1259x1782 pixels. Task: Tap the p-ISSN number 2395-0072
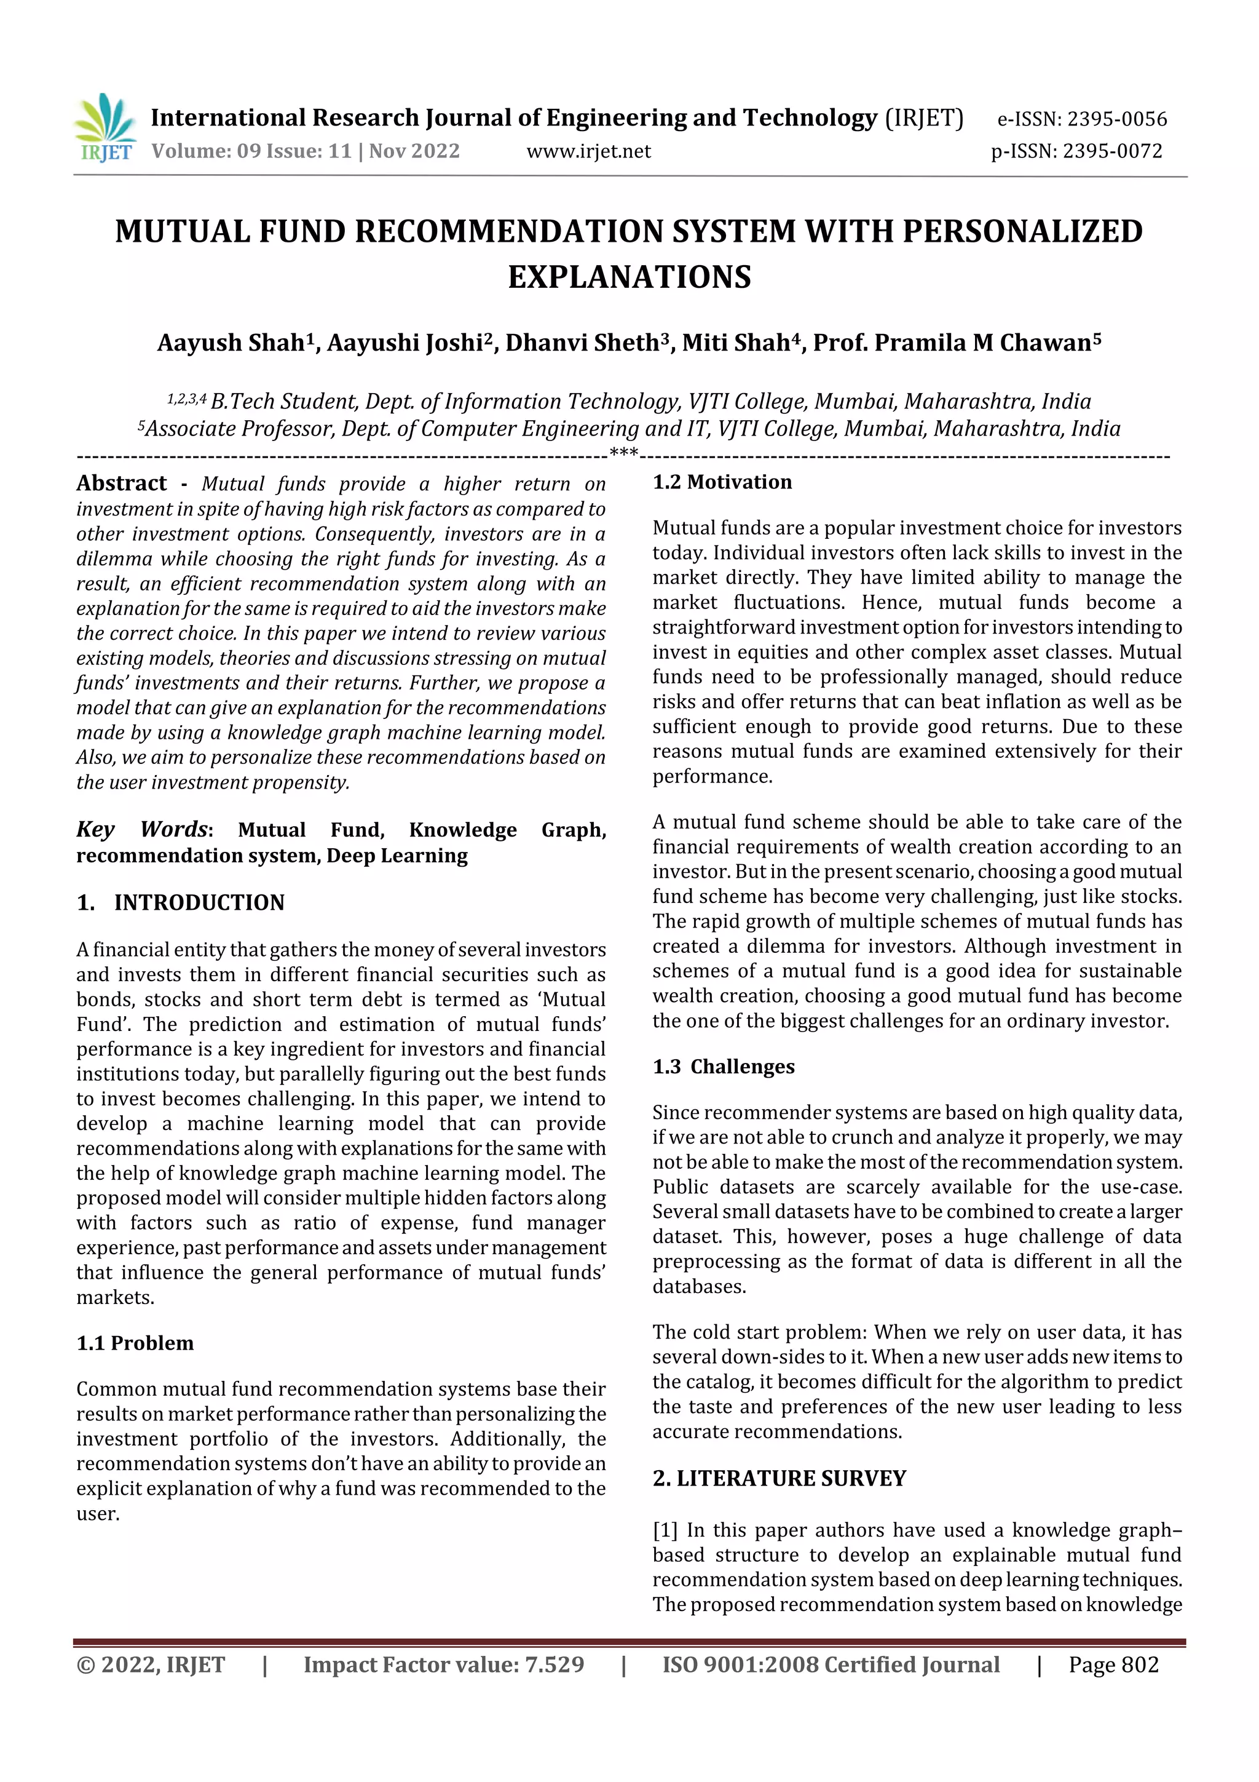(1113, 151)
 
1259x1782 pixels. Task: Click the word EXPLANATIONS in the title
(629, 277)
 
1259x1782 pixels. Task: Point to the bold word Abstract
(121, 483)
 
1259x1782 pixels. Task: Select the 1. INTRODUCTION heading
(181, 902)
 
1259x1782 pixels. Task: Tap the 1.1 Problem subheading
(135, 1343)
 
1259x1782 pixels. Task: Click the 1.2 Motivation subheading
(722, 482)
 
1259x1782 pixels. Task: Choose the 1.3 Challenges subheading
(723, 1067)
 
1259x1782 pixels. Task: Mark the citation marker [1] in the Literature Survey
(665, 1530)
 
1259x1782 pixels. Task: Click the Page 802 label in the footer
(1113, 1665)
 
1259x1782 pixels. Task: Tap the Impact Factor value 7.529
(554, 1665)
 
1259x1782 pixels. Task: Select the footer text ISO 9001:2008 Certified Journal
(830, 1665)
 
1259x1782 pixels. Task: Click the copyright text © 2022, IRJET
(151, 1665)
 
